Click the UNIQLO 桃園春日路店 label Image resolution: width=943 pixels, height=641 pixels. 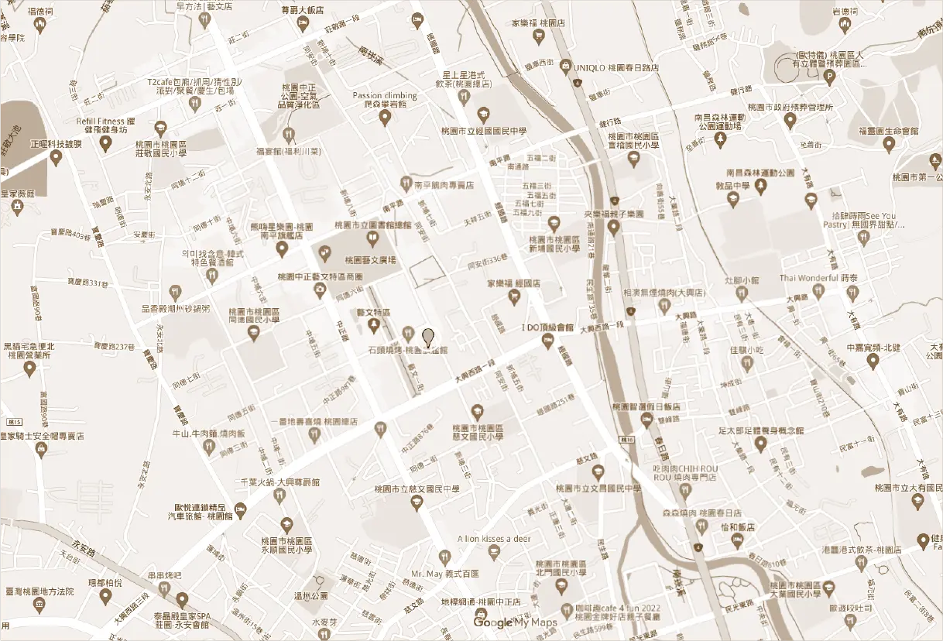pos(616,67)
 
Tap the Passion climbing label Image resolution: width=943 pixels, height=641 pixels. pos(385,96)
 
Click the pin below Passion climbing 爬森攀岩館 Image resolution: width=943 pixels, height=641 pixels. pos(385,118)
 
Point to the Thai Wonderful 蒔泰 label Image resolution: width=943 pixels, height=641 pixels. pos(818,278)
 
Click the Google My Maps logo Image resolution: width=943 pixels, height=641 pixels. pos(516,622)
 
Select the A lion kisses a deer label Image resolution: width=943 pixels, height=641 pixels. pos(494,538)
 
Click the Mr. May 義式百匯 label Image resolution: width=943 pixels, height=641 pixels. pos(445,574)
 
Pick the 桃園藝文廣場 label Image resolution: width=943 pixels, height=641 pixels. pos(370,260)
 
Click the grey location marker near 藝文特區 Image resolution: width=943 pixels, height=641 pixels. pos(428,337)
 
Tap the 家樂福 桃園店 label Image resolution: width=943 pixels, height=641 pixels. pos(538,22)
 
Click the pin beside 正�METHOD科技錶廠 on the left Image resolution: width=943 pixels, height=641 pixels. pos(56,158)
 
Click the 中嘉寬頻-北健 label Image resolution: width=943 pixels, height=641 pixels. pos(873,348)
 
